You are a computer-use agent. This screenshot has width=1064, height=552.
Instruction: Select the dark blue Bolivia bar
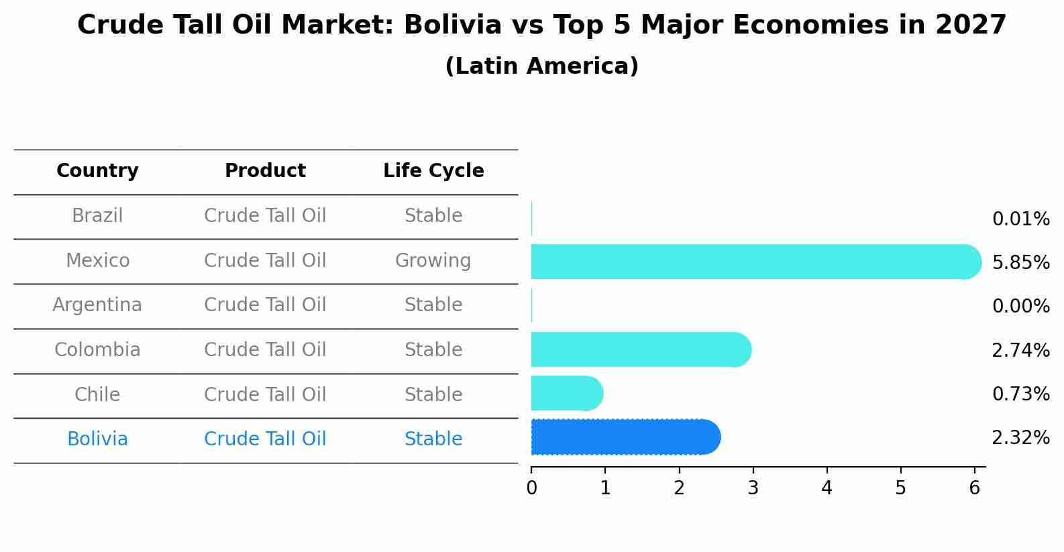[624, 437]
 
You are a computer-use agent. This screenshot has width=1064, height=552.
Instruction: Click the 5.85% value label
[1020, 262]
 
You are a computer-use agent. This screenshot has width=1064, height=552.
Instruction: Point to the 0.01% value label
[1020, 219]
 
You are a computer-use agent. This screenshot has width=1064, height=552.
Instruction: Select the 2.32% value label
[1020, 438]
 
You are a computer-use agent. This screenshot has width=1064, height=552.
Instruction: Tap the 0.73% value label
[1020, 394]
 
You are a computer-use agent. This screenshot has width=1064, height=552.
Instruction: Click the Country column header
[97, 171]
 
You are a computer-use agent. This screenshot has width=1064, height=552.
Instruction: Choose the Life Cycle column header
[433, 171]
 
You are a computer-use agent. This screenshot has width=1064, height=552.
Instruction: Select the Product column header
[265, 171]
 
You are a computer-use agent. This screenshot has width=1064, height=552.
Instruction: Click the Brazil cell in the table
[97, 216]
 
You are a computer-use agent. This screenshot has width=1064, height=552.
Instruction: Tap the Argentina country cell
[97, 305]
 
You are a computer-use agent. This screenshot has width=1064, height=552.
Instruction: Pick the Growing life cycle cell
[433, 260]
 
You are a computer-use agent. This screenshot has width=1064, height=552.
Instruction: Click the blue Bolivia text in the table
[97, 439]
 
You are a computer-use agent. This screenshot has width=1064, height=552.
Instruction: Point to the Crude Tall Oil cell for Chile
[265, 394]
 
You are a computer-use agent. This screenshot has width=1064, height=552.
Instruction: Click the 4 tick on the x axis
[827, 488]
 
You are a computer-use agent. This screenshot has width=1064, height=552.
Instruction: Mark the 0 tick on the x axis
[531, 488]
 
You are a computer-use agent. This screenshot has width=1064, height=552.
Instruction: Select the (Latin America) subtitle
[541, 66]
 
